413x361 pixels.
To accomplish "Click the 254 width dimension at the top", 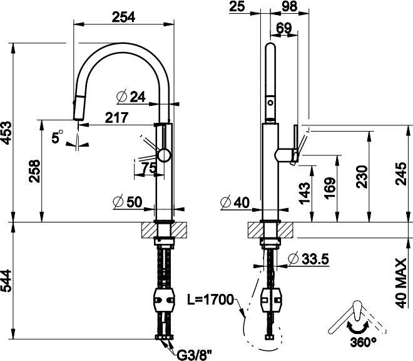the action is click(123, 17).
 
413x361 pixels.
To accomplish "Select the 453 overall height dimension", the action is click(6, 133).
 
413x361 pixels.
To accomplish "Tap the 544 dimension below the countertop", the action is click(6, 281).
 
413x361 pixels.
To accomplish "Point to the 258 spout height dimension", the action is click(35, 171).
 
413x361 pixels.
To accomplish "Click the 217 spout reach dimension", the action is click(116, 118).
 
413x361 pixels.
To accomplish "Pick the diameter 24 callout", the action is click(131, 97).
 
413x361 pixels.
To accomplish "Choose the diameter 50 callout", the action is click(128, 202).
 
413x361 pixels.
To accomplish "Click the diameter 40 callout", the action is click(235, 202).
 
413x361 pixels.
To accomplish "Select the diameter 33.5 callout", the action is click(308, 259).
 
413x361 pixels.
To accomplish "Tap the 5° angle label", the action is click(57, 137).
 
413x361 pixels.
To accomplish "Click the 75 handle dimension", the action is click(149, 167).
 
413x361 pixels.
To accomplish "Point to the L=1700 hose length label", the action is click(210, 299).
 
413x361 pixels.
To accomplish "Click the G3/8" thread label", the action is click(195, 355).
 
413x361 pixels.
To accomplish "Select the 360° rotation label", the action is click(363, 342).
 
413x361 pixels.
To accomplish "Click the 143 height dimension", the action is click(305, 193).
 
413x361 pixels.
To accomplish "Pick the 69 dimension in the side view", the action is click(284, 28).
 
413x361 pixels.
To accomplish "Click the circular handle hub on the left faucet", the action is click(164, 155).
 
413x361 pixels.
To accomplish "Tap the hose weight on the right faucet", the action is click(271, 300).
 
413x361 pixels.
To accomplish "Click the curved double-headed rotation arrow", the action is click(357, 329).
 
